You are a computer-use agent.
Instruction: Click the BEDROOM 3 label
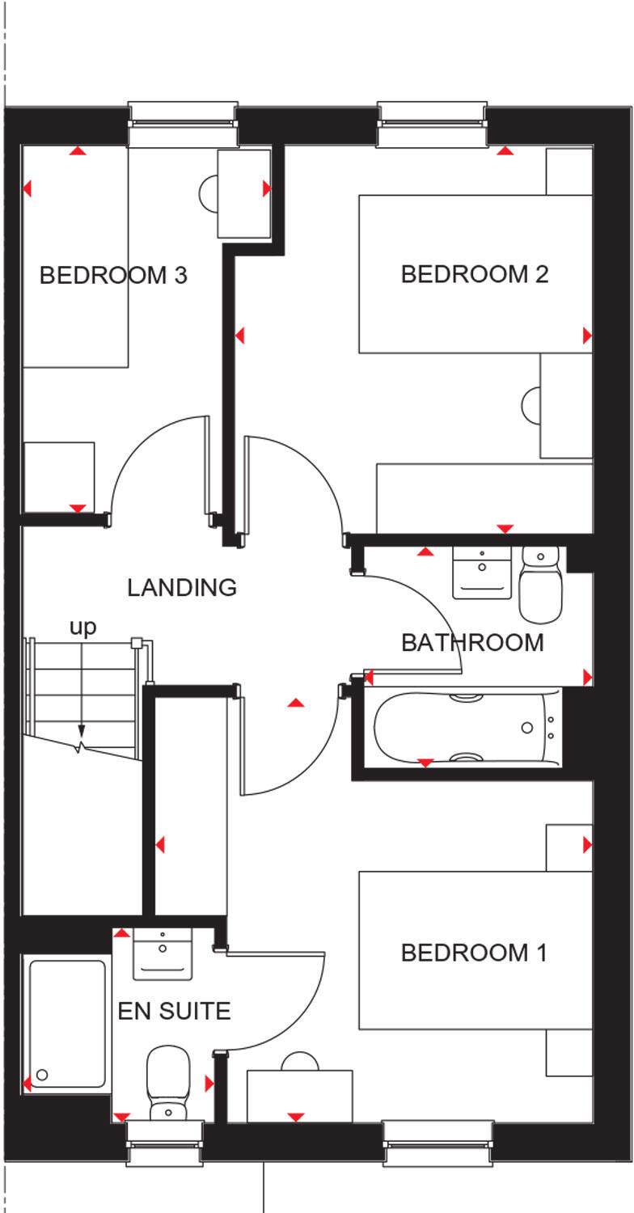(113, 276)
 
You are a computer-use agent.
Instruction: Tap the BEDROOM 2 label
(475, 274)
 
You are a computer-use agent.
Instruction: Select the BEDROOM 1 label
(474, 953)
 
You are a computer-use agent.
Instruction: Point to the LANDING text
(182, 587)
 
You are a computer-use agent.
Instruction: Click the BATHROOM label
(472, 643)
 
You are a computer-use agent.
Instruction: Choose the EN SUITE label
(175, 1011)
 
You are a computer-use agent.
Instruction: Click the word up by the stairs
(82, 627)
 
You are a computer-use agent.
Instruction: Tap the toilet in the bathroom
(540, 582)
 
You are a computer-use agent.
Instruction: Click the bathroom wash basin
(482, 573)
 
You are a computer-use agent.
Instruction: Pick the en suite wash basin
(163, 953)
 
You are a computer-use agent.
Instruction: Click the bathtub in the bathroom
(467, 727)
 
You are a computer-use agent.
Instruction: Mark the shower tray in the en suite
(68, 1023)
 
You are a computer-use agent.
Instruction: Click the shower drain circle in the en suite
(42, 1075)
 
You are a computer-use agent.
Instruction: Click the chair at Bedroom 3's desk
(208, 192)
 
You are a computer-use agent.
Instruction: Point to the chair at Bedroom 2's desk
(531, 404)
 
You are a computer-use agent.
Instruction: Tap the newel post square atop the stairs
(137, 644)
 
